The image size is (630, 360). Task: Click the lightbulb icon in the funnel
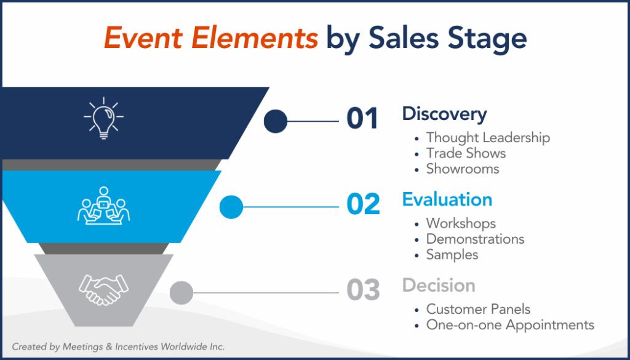[103, 117]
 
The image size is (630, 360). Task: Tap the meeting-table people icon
[103, 205]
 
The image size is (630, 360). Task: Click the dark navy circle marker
[276, 121]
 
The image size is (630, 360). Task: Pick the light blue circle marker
[231, 207]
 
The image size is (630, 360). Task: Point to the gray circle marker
[181, 292]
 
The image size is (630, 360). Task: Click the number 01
[362, 119]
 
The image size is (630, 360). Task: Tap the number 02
[363, 205]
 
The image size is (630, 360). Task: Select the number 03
[363, 290]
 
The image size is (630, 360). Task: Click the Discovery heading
[444, 114]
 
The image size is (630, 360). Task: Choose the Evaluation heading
[447, 199]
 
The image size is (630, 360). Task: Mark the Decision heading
[438, 286]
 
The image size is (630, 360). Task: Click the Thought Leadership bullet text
[488, 138]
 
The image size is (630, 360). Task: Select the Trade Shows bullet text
[466, 153]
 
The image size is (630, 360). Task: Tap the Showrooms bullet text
[463, 169]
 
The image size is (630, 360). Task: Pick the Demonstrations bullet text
[475, 239]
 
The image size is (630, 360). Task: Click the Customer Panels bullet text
[478, 309]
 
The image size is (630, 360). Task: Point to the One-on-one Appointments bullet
[510, 324]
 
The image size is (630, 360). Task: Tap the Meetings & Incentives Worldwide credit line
[118, 347]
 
